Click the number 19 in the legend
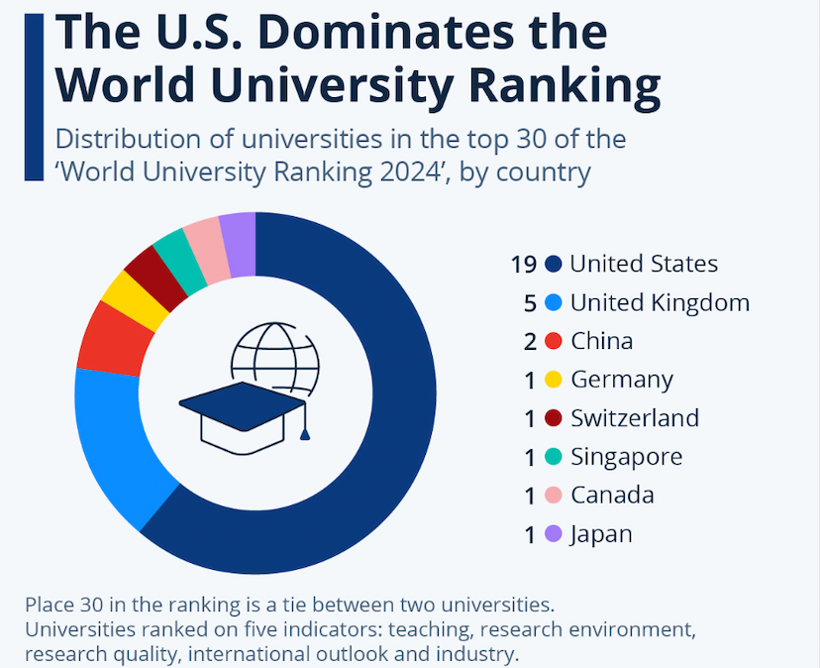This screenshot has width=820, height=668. [524, 264]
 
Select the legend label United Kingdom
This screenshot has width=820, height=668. [660, 302]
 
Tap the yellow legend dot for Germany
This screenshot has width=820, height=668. [554, 380]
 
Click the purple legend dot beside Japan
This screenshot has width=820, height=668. [554, 534]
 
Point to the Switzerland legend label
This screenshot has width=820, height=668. [635, 418]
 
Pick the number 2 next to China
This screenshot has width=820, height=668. [530, 341]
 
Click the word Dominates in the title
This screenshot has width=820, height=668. [385, 34]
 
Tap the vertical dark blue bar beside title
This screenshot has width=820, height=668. [34, 94]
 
